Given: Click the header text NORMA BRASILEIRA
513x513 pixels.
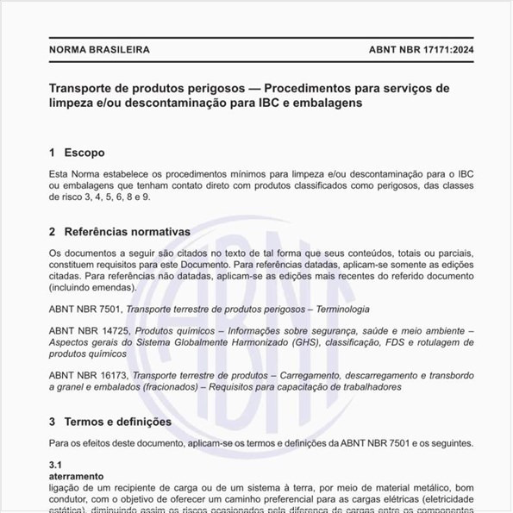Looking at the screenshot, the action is [99, 49].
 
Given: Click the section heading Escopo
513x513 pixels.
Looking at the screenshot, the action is [84, 153].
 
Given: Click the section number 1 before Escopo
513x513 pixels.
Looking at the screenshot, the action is [53, 153].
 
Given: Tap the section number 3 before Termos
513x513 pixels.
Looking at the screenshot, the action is [53, 422].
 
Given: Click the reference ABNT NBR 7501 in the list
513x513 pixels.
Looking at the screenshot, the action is [84, 309].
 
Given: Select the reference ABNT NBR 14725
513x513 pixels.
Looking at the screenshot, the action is [88, 331].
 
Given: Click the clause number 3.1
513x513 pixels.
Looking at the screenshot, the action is [56, 464].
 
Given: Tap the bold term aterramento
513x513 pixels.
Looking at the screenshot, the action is [76, 475].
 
